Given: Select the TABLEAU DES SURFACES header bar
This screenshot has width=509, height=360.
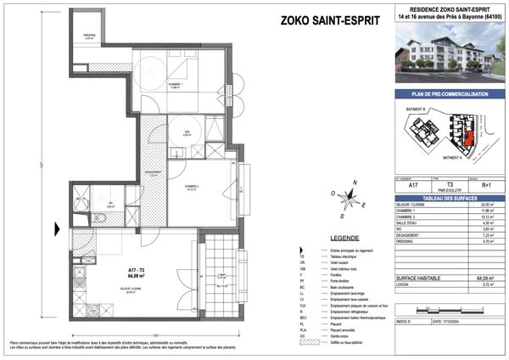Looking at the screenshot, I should point(445,197).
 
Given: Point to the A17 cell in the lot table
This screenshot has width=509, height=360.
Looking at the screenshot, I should point(413,183).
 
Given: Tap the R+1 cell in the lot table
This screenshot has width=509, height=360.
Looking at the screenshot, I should point(484,183).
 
